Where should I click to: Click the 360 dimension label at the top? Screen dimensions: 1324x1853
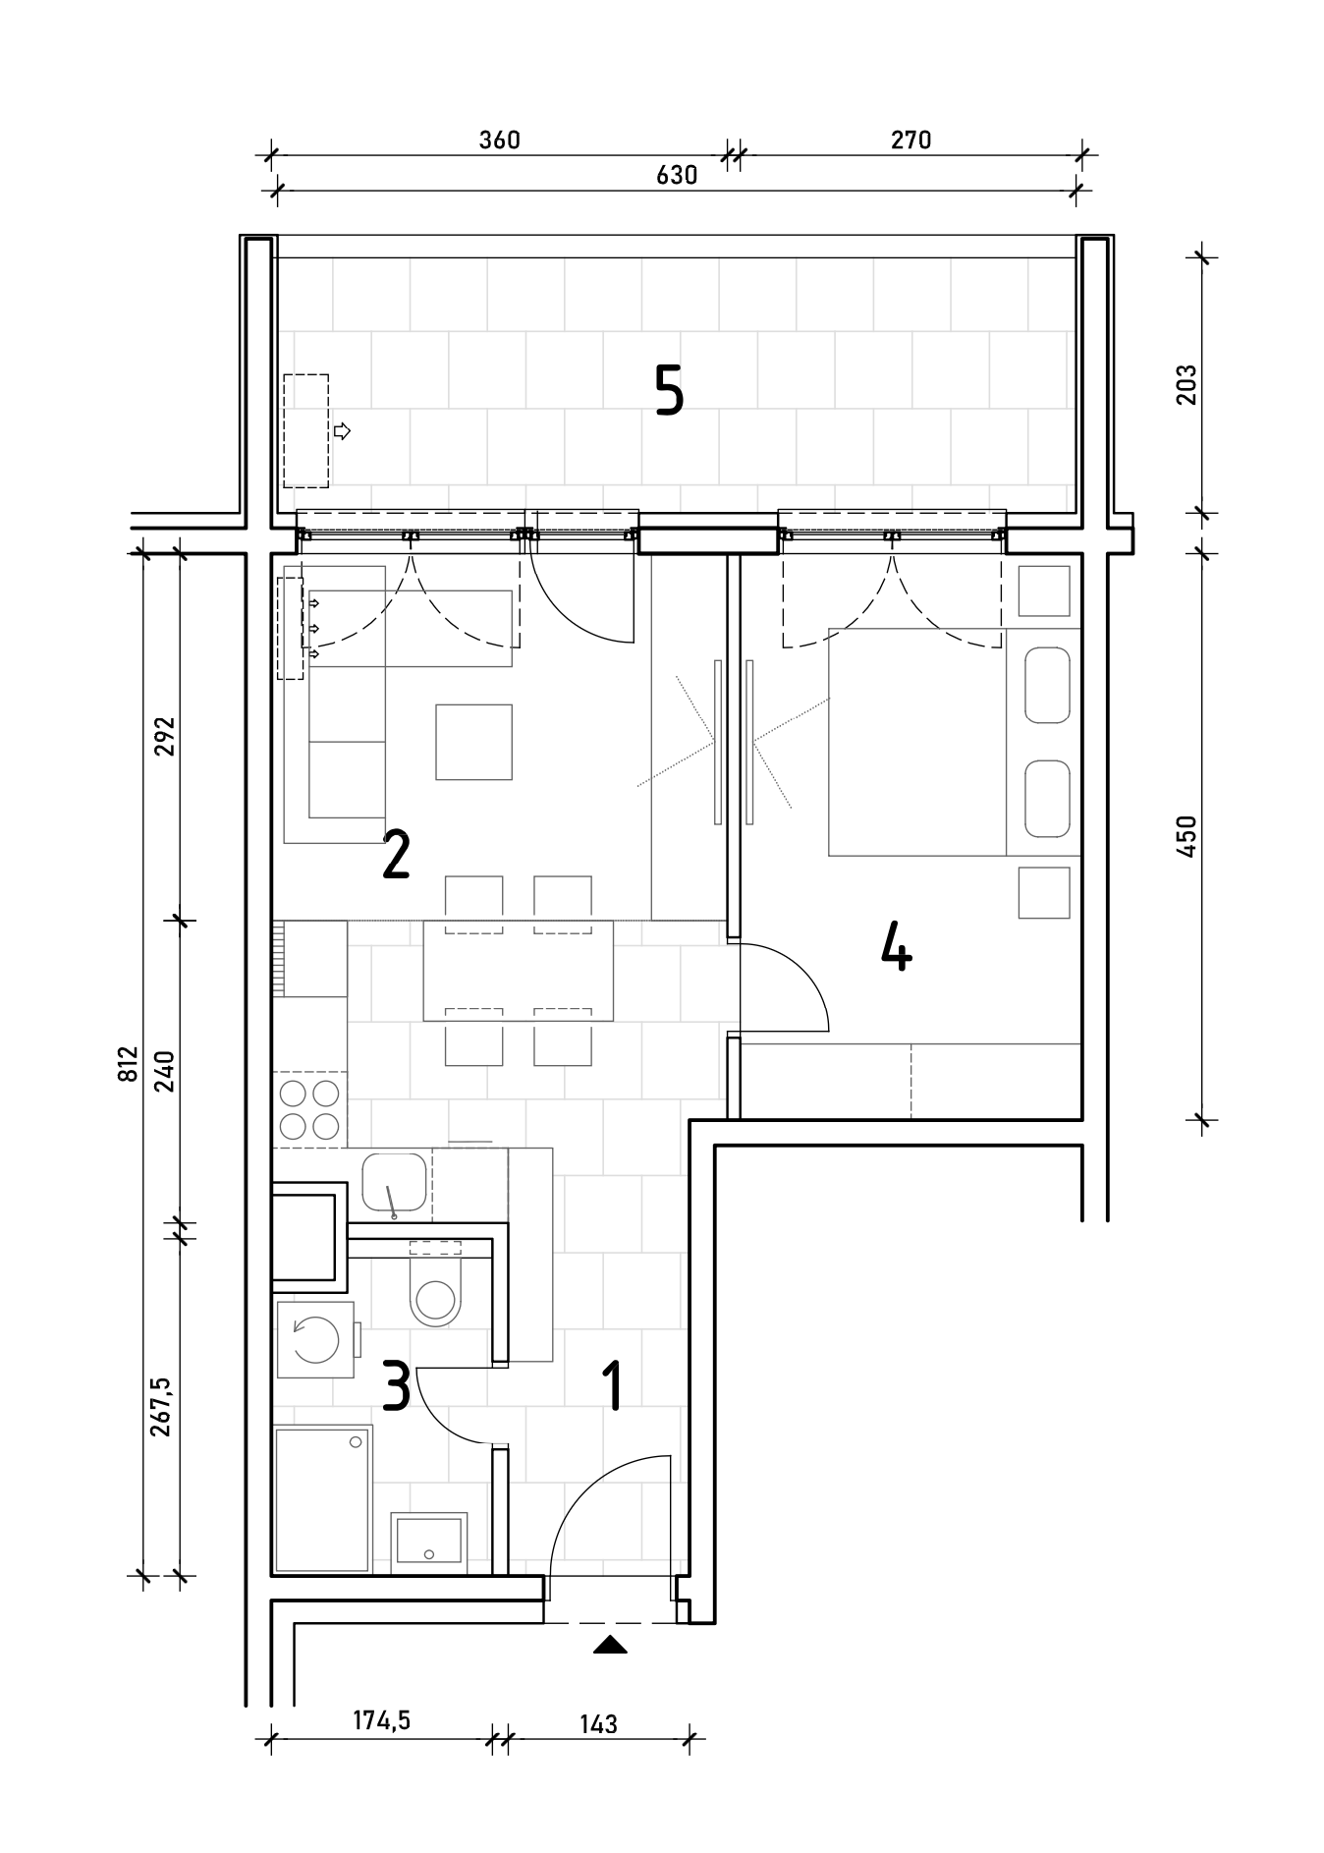coord(499,140)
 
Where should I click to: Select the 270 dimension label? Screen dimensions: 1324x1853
coord(910,140)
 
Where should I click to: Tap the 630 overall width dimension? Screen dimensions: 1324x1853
coord(677,175)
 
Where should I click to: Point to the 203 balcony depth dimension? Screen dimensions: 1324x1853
coord(1186,385)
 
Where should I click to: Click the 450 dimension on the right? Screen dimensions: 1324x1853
coord(1186,836)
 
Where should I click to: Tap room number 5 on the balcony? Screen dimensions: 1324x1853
coord(669,390)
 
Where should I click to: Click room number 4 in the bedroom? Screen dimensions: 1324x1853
coord(896,945)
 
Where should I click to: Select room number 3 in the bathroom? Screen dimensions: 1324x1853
coord(395,1385)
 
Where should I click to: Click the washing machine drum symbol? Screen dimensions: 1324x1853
coord(316,1340)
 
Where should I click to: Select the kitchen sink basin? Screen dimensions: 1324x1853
coord(394,1183)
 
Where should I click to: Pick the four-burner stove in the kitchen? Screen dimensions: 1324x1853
coord(309,1108)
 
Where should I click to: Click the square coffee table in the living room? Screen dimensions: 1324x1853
coord(474,742)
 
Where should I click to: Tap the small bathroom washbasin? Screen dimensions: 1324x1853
coord(429,1543)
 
